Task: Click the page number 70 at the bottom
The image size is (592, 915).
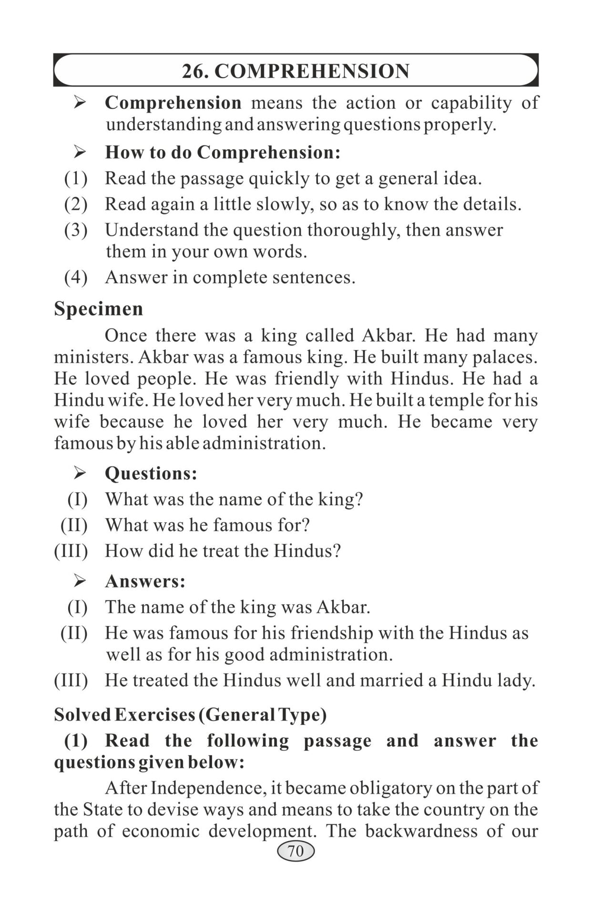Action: pos(296,851)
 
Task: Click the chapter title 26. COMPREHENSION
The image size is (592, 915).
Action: pos(296,71)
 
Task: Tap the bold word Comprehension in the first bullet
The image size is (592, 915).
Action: pos(173,103)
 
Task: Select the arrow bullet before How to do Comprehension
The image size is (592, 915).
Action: pos(79,152)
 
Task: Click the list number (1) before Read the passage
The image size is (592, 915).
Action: pos(76,179)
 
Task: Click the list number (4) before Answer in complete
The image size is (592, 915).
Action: pos(76,277)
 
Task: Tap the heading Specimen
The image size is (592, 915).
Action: pos(98,309)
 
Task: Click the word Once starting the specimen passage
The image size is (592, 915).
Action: pos(126,335)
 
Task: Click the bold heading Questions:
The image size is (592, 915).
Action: pos(151,473)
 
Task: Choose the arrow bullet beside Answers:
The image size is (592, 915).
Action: pos(79,581)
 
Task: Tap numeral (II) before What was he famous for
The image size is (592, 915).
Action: pos(74,525)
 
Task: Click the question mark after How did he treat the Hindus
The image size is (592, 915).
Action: pos(337,551)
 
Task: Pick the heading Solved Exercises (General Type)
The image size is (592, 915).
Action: pos(190,715)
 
